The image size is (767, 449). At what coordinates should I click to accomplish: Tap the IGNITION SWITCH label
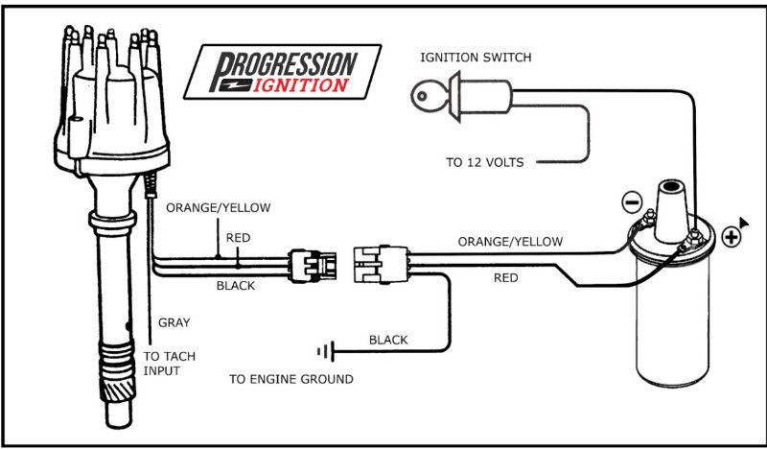476,58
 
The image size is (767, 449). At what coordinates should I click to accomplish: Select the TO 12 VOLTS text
485,162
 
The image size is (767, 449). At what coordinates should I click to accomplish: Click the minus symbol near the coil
630,202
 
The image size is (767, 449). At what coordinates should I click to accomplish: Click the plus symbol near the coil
731,236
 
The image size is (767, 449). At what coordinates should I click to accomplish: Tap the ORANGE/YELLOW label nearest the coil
510,242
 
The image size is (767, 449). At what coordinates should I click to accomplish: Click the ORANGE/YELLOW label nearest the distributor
219,207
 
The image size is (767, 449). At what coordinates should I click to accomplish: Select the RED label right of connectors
506,278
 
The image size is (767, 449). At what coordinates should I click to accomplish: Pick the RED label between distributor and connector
238,237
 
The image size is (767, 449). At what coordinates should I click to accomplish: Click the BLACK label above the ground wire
388,340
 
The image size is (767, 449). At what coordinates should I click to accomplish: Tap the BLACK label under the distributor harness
235,286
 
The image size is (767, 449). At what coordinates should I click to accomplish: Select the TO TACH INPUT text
169,363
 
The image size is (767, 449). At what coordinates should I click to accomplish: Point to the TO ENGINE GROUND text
291,379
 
